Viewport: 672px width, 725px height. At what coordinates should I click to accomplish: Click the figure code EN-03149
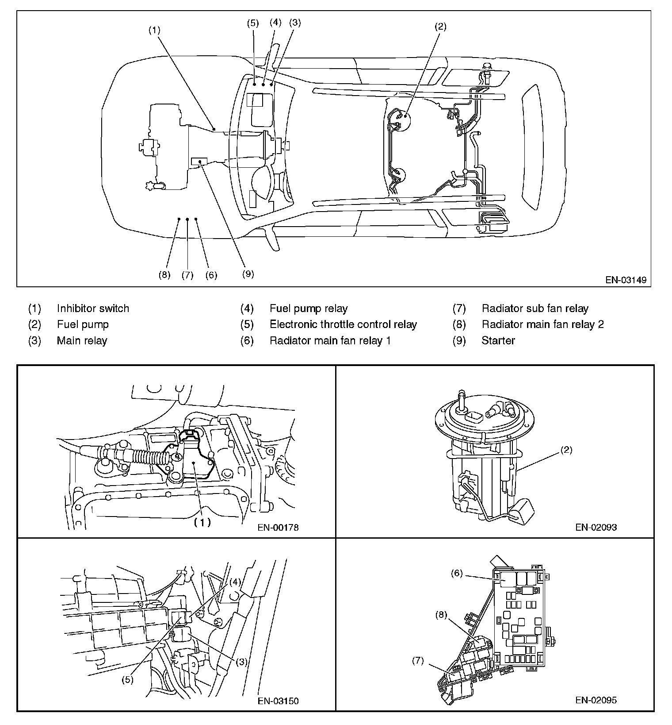626,280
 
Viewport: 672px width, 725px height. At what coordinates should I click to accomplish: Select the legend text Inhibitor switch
93,309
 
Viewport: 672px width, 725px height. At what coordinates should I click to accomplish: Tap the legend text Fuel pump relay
309,309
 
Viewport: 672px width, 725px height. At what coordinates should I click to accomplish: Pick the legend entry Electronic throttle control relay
343,324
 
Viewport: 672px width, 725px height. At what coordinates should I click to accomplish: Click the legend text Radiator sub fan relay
535,309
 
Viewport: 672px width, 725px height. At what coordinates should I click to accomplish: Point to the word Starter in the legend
498,340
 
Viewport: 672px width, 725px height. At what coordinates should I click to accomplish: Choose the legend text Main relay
82,340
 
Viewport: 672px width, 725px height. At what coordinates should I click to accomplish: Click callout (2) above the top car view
440,27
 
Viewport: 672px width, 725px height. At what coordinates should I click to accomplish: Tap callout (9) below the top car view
248,274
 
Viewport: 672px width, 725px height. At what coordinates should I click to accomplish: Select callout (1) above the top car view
154,30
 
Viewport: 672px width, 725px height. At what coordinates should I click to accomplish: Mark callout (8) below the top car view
164,275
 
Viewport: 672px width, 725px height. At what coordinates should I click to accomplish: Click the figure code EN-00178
278,528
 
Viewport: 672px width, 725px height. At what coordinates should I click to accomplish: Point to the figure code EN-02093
596,527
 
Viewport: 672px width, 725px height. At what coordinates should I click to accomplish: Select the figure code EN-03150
278,701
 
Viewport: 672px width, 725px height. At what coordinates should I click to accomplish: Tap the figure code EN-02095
596,700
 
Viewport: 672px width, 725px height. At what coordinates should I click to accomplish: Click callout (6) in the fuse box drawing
457,574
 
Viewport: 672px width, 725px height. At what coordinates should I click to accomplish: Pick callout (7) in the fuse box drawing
418,661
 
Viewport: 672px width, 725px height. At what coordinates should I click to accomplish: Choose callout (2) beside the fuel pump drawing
566,450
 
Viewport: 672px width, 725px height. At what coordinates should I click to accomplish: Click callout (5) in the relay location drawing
127,680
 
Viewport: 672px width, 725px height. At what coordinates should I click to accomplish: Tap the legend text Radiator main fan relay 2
542,324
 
